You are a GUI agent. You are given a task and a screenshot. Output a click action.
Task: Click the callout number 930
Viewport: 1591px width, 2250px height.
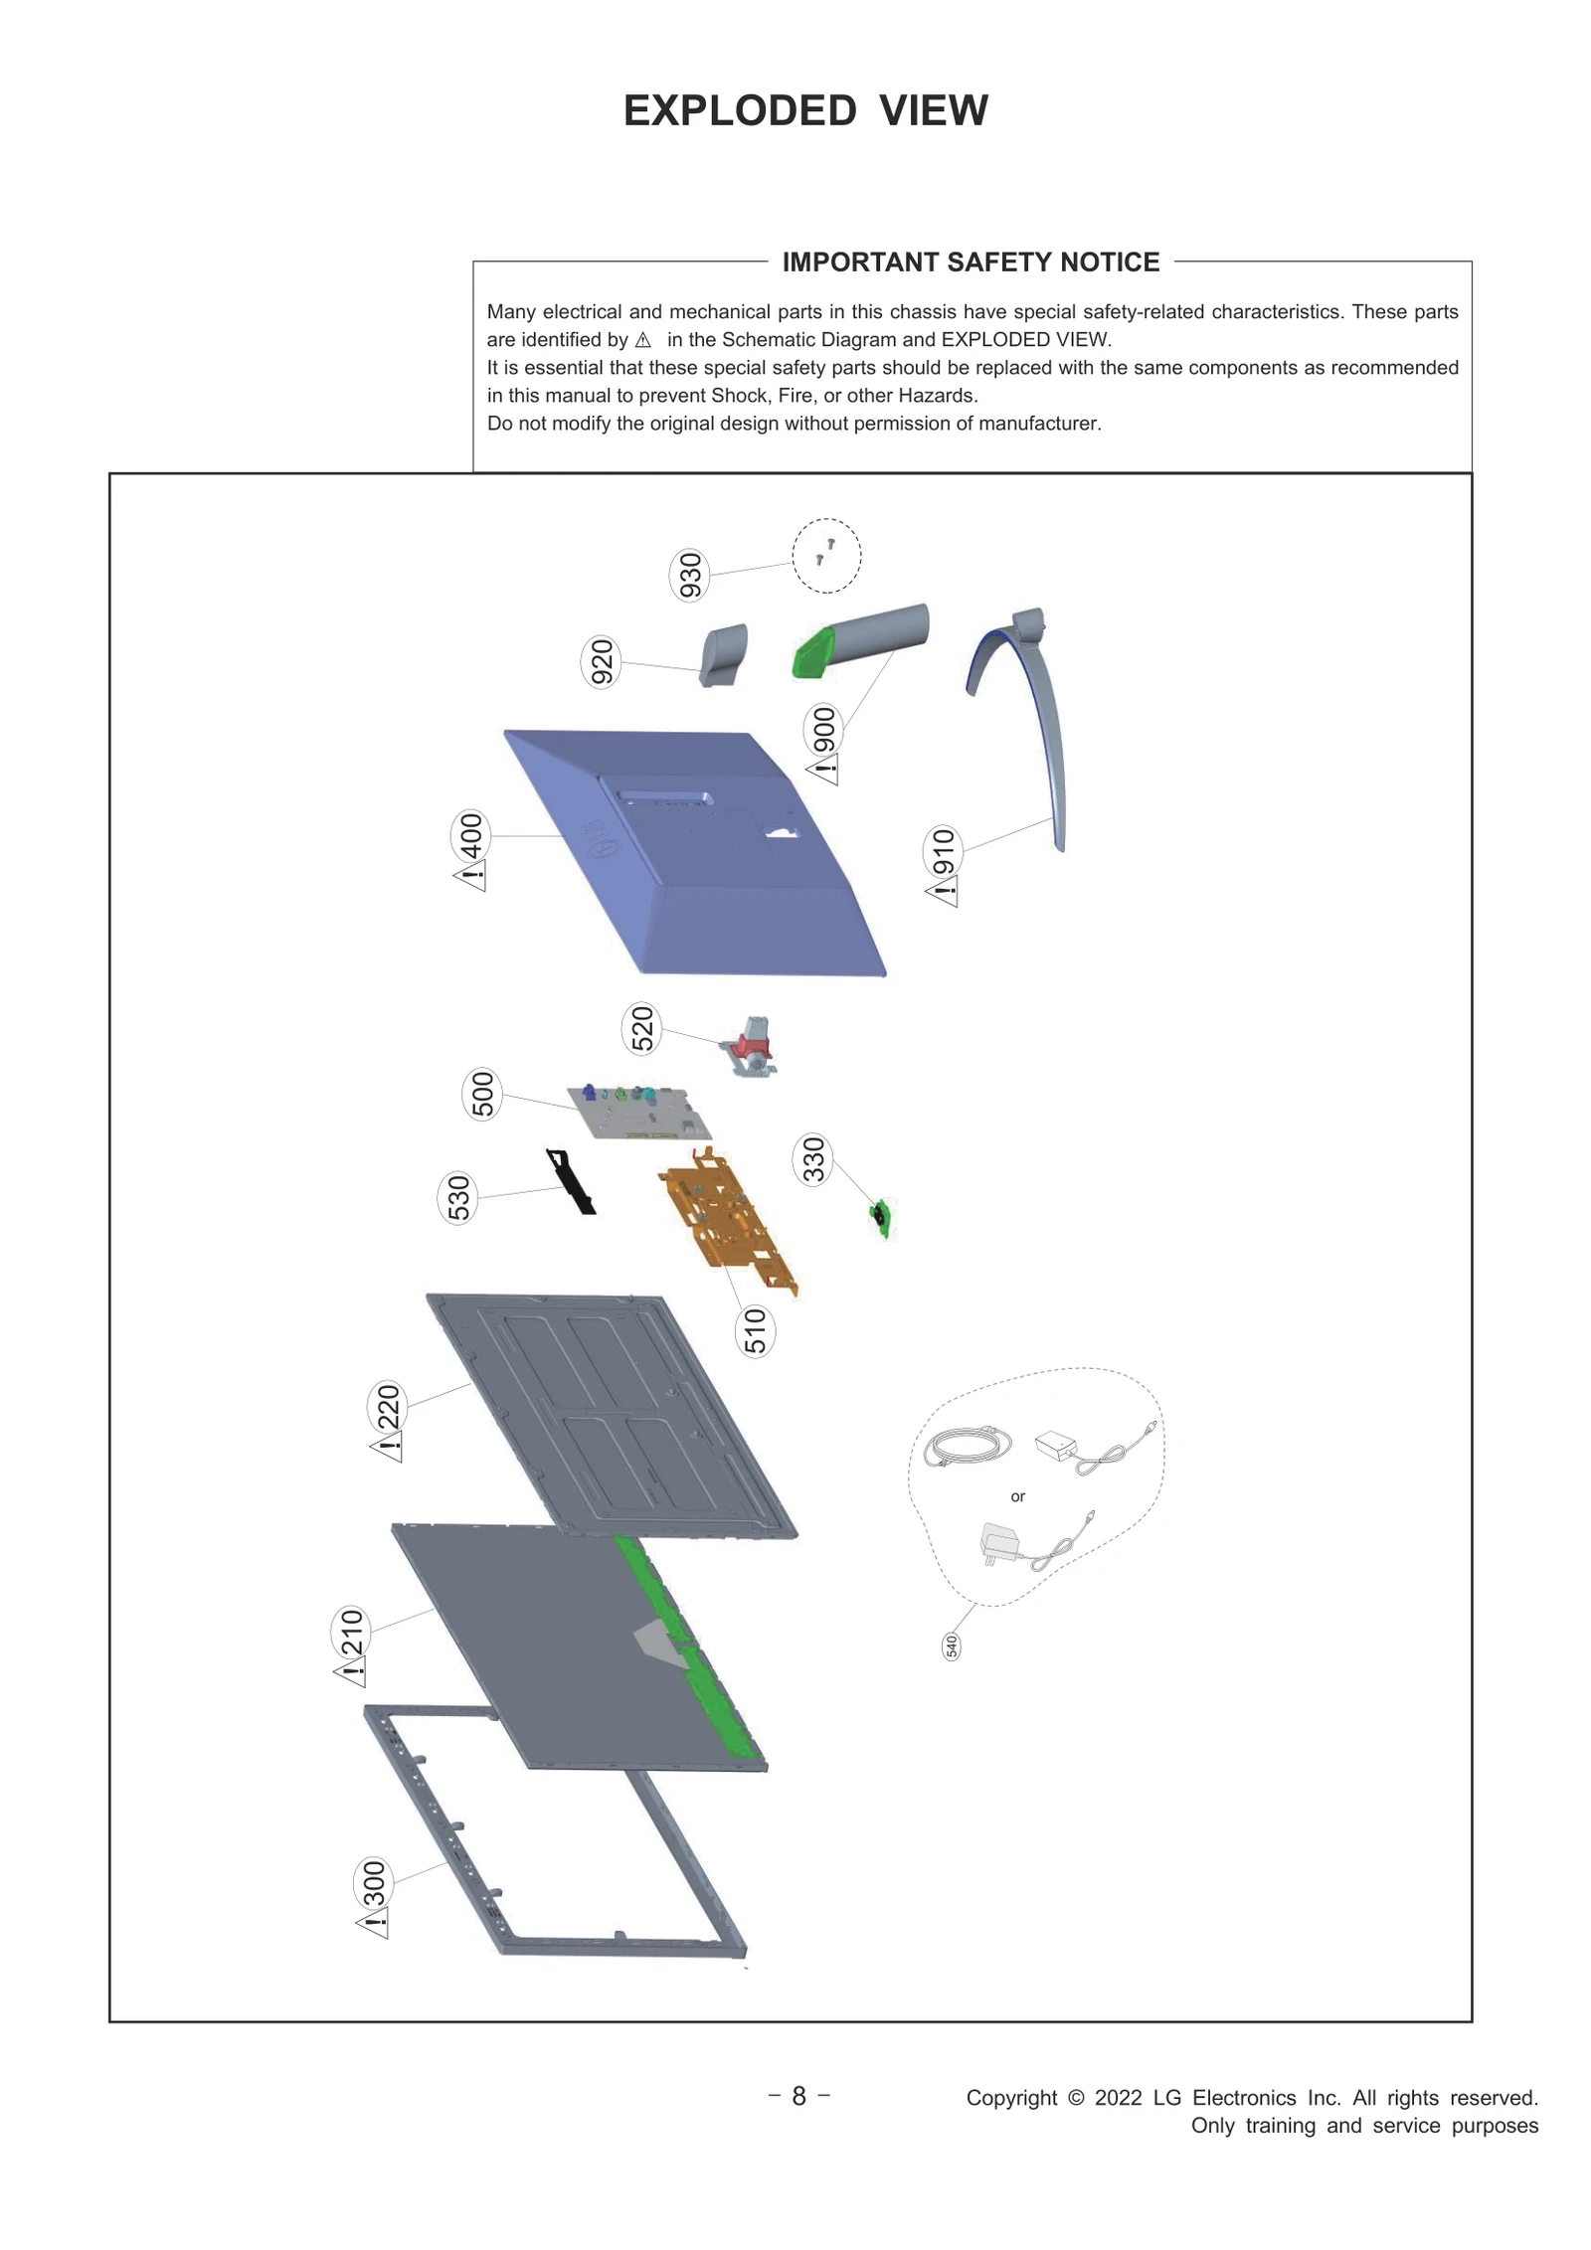(x=689, y=575)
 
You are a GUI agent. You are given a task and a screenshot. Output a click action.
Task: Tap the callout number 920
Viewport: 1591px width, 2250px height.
(x=601, y=662)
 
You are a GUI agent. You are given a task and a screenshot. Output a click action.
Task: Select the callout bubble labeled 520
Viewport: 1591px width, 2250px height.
(x=642, y=1028)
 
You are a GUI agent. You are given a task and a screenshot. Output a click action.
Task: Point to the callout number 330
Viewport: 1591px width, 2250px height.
(x=812, y=1159)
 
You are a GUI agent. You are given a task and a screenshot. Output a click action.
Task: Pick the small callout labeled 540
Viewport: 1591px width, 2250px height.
(x=952, y=1646)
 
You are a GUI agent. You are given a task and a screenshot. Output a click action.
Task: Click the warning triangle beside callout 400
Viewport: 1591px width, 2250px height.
(x=471, y=878)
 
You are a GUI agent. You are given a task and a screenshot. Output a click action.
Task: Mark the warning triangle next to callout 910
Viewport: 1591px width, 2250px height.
(x=943, y=892)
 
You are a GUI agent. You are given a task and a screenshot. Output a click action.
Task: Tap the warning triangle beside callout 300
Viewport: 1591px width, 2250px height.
(x=373, y=1922)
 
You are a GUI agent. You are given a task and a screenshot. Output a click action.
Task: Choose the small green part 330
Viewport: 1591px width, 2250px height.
(x=881, y=1217)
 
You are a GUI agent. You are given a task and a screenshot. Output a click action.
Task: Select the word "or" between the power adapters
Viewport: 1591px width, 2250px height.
(x=1017, y=1496)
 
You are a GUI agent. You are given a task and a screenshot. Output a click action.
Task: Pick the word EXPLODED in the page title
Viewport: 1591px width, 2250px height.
(x=740, y=110)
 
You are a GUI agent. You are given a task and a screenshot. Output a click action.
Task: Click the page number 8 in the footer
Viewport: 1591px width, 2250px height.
(x=798, y=2097)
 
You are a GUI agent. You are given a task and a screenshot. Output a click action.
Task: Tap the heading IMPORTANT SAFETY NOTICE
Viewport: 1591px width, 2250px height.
(x=971, y=261)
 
